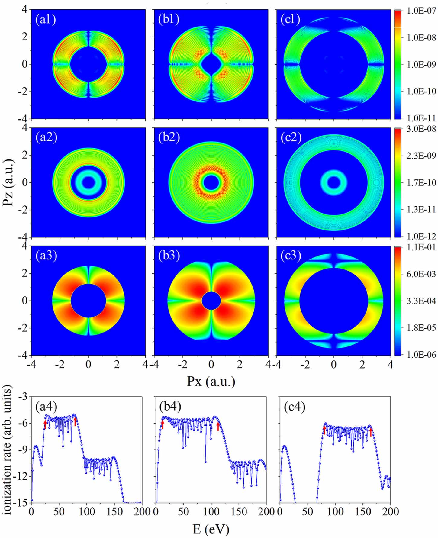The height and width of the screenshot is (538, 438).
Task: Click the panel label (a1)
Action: tap(45, 19)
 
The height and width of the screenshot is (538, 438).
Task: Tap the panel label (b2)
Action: tap(169, 137)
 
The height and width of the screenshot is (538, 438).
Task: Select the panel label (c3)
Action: tap(291, 256)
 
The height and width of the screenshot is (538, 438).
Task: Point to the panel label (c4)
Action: tap(295, 407)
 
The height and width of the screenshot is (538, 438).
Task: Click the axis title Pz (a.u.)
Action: tap(8, 182)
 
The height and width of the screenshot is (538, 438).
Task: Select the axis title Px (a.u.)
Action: tap(211, 381)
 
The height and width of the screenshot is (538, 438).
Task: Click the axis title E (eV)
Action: tap(211, 529)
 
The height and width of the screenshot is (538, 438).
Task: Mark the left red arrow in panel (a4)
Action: tap(45, 424)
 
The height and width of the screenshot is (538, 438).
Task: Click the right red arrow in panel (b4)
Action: tap(218, 426)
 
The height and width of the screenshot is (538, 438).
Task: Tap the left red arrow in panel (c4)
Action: tap(324, 430)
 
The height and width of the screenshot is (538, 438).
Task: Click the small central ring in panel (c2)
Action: tap(333, 182)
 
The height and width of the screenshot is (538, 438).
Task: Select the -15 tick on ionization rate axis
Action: tap(22, 502)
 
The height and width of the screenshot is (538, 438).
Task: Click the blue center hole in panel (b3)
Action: tap(211, 301)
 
